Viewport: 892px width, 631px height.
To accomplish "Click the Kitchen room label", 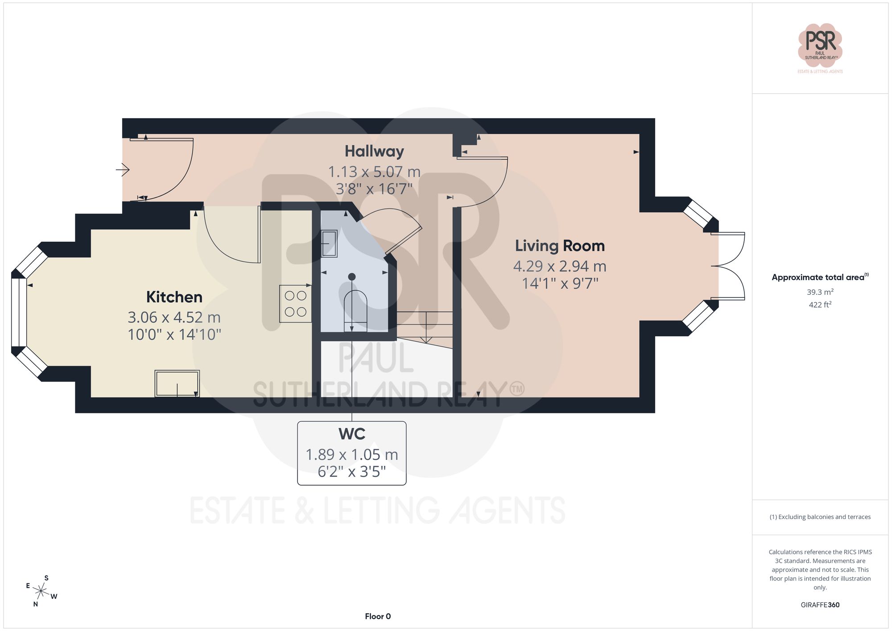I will click(x=174, y=297).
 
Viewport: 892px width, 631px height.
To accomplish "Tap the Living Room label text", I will click(x=560, y=246).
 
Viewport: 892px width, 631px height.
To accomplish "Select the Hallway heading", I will click(x=374, y=151).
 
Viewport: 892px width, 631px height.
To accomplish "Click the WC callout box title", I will click(x=352, y=434).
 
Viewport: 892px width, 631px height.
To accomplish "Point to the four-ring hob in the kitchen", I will click(x=295, y=304).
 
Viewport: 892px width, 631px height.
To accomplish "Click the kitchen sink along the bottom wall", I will click(x=177, y=384).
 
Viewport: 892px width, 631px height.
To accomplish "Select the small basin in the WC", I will click(x=329, y=243).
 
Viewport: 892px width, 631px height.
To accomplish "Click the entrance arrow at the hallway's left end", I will click(x=123, y=169).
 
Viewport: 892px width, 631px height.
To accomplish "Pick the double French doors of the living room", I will click(x=728, y=266).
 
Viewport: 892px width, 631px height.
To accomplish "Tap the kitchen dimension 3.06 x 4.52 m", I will click(x=174, y=318).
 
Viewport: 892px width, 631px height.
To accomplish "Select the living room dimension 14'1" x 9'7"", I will click(x=560, y=283).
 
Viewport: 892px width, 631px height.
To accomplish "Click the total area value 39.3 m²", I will click(x=820, y=292).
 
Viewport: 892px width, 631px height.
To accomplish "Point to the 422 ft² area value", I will click(x=820, y=305).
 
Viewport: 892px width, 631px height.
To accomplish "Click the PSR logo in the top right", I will click(x=820, y=45).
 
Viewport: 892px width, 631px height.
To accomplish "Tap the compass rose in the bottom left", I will click(x=41, y=592).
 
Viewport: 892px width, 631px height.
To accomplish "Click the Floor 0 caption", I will click(x=377, y=616).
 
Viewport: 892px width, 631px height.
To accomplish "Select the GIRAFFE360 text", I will click(x=820, y=605).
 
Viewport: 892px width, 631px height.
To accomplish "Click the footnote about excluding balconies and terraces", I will click(x=820, y=517).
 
